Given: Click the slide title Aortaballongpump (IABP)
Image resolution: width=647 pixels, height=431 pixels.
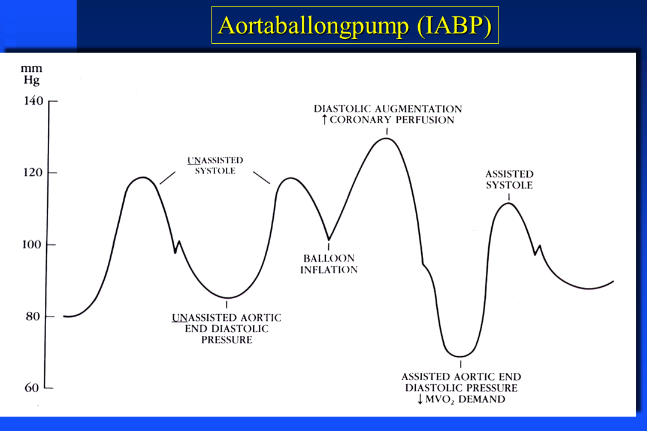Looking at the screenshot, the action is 355,26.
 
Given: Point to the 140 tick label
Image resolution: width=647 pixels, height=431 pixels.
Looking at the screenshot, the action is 34,101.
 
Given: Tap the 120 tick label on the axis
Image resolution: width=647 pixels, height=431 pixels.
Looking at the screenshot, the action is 33,172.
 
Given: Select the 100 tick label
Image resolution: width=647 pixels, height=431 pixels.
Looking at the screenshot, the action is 32,244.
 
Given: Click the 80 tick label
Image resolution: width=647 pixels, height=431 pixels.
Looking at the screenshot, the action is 32,316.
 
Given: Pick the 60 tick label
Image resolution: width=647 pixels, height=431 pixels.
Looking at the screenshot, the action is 32,388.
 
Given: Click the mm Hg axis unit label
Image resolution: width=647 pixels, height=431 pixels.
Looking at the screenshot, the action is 31,74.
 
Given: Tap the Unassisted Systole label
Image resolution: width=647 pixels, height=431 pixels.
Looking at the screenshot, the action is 215,165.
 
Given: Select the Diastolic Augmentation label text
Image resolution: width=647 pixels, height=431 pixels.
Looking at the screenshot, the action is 388,109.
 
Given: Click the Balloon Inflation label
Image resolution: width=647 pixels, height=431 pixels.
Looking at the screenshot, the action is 329,264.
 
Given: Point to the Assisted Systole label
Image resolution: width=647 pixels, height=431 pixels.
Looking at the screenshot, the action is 509,180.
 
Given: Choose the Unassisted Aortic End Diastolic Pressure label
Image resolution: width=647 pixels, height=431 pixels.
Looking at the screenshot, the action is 226,329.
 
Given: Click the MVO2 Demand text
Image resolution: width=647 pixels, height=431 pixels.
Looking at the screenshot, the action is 465,399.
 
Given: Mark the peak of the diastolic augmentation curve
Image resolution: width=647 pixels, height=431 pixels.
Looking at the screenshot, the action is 386,138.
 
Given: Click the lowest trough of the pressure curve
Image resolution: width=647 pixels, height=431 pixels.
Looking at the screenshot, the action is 459,356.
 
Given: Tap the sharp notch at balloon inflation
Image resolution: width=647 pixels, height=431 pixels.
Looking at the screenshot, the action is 329,239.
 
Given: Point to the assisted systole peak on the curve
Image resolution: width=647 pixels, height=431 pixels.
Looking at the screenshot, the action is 509,203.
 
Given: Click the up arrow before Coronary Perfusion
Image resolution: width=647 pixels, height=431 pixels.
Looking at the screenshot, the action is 325,120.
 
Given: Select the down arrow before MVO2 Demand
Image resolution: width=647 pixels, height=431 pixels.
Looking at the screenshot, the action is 420,399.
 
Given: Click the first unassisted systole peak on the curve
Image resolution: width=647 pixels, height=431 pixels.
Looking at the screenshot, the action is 143,177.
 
